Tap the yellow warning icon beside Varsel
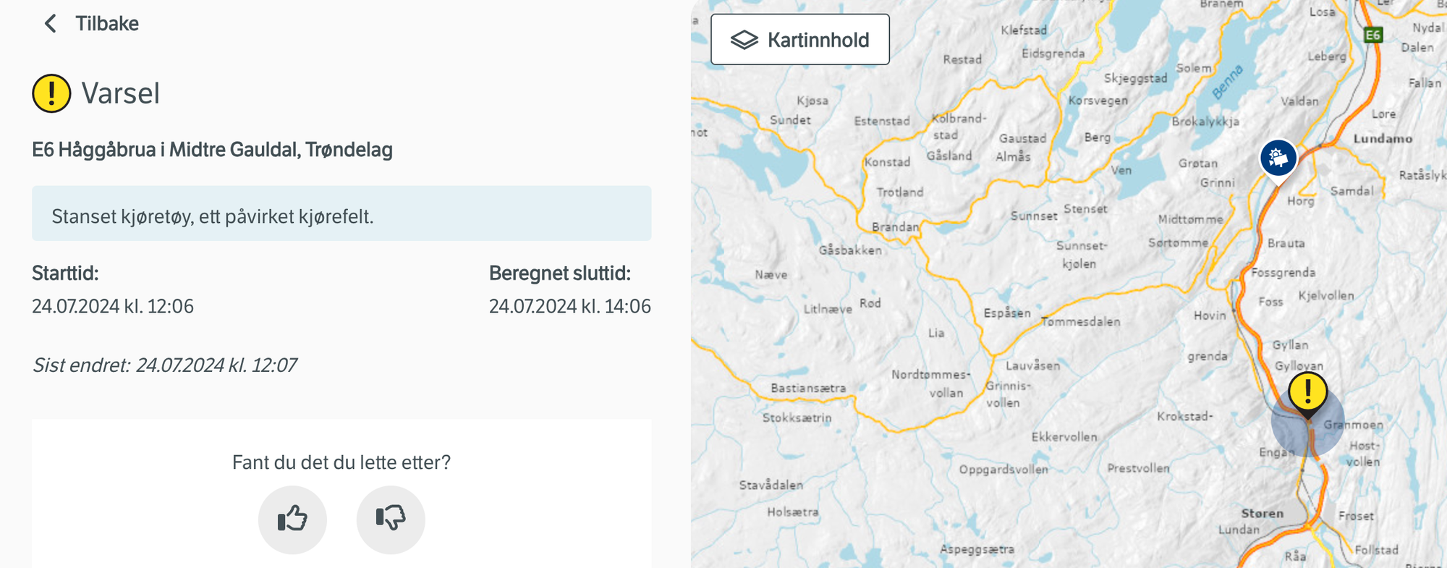pyautogui.click(x=51, y=93)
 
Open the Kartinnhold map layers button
pyautogui.click(x=800, y=40)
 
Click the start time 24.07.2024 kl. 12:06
pyautogui.click(x=113, y=306)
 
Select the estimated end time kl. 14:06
pyautogui.click(x=569, y=306)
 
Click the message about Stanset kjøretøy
pyautogui.click(x=213, y=216)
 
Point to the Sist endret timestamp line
pyautogui.click(x=165, y=365)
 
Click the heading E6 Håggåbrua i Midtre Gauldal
pyautogui.click(x=212, y=150)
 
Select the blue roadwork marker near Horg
pyautogui.click(x=1278, y=158)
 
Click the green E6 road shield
pyautogui.click(x=1372, y=35)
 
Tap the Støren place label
pyautogui.click(x=1263, y=513)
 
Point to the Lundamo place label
pyautogui.click(x=1383, y=139)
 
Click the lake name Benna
pyautogui.click(x=1228, y=81)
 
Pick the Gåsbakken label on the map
pyautogui.click(x=850, y=250)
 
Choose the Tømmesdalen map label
pyautogui.click(x=1081, y=322)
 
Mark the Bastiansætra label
pyautogui.click(x=808, y=389)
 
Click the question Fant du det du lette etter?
pyautogui.click(x=341, y=462)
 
